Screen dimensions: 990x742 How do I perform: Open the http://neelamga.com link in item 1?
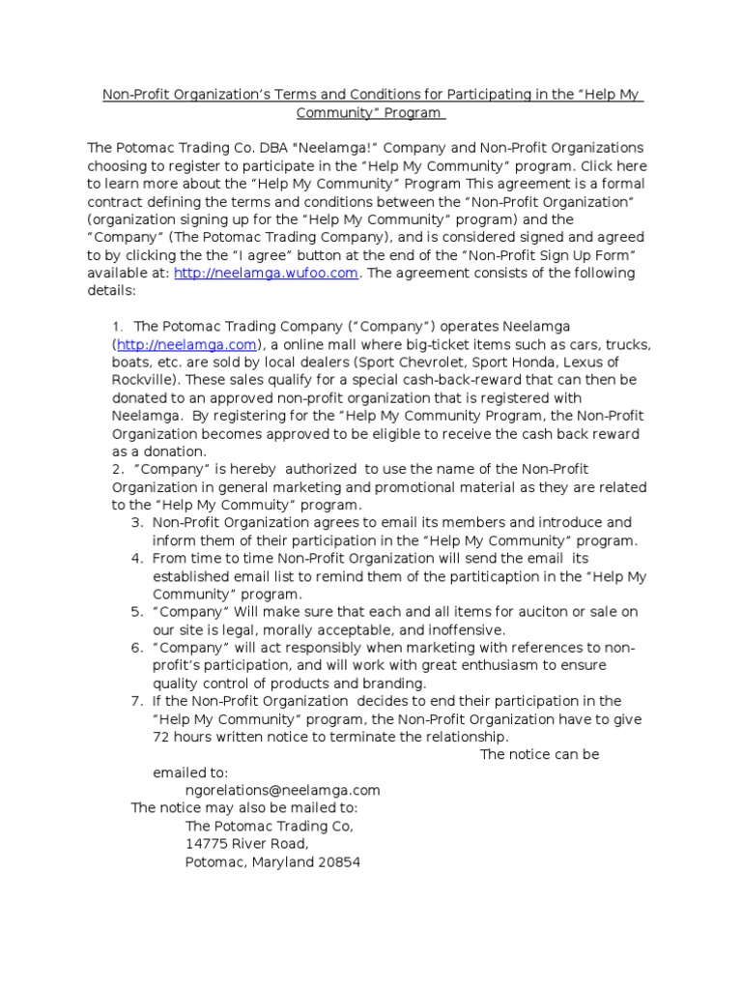tap(187, 344)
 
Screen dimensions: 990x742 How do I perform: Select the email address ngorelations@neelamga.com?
tap(282, 790)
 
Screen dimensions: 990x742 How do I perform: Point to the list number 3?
tap(136, 522)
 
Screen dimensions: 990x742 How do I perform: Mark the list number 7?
tap(136, 701)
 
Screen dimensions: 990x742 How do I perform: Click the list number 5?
tap(136, 611)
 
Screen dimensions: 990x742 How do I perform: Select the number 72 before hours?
tap(161, 737)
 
